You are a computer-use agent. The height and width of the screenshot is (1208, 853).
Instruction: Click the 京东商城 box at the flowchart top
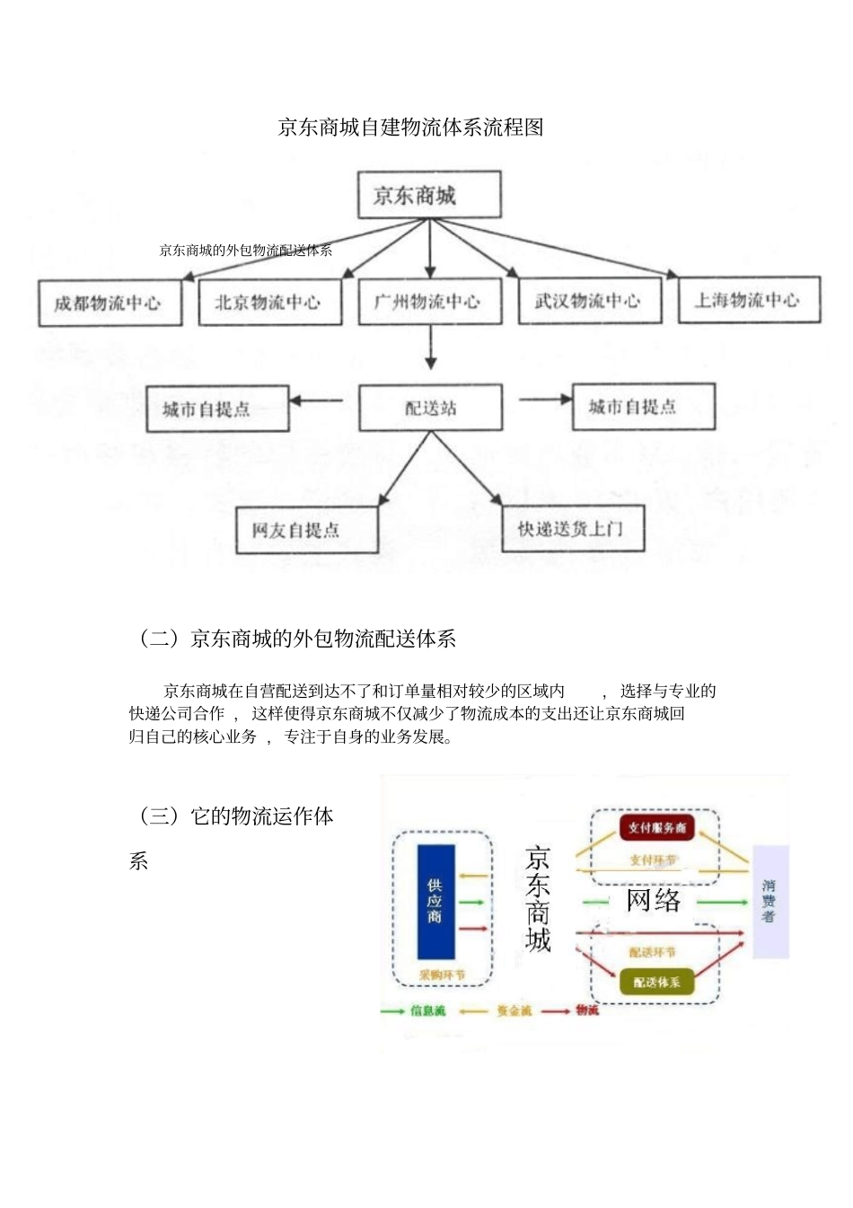pyautogui.click(x=428, y=195)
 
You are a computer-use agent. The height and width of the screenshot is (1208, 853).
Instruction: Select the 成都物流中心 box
pyautogui.click(x=110, y=303)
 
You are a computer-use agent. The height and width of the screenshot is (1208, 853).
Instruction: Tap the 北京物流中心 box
pyautogui.click(x=269, y=302)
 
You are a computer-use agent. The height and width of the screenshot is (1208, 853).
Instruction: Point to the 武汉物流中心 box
pyautogui.click(x=589, y=300)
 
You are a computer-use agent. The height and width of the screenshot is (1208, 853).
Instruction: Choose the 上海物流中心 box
pyautogui.click(x=749, y=299)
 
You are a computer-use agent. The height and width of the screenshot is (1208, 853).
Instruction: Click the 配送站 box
pyautogui.click(x=430, y=408)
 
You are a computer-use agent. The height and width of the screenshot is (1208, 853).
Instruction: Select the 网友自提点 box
pyautogui.click(x=306, y=530)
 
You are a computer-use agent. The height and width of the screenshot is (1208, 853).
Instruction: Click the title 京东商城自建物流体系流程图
pyautogui.click(x=411, y=127)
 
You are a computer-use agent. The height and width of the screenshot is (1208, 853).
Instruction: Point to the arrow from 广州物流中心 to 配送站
pyautogui.click(x=430, y=347)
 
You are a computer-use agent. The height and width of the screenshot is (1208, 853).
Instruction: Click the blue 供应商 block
pyautogui.click(x=435, y=901)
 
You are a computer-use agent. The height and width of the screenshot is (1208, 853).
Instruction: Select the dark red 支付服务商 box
pyautogui.click(x=656, y=827)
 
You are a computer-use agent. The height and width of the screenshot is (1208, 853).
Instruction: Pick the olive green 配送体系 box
pyautogui.click(x=656, y=982)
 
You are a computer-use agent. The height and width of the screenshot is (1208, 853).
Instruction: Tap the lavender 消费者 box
pyautogui.click(x=769, y=901)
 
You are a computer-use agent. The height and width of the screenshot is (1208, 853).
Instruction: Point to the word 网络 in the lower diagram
pyautogui.click(x=653, y=900)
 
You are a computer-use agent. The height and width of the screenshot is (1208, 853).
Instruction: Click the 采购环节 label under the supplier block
pyautogui.click(x=442, y=974)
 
